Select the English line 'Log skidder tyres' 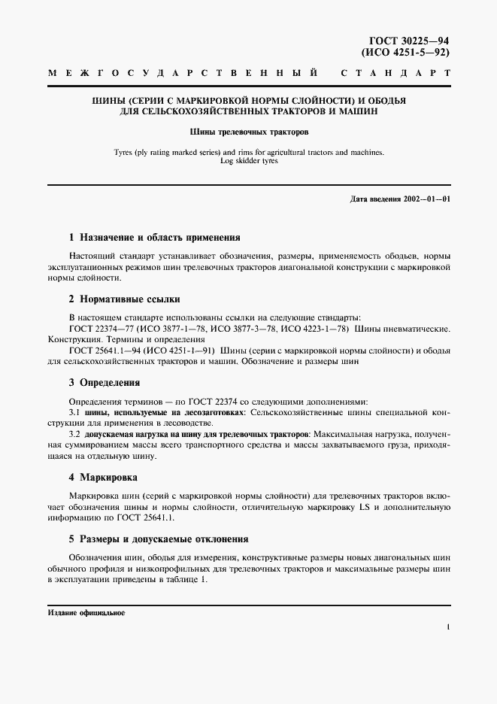[x=248, y=161]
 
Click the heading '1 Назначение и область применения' [x=154, y=237]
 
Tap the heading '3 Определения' [x=105, y=383]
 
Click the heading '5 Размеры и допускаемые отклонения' [x=159, y=540]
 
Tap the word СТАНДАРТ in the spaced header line [x=395, y=74]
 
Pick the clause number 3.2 [x=74, y=435]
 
